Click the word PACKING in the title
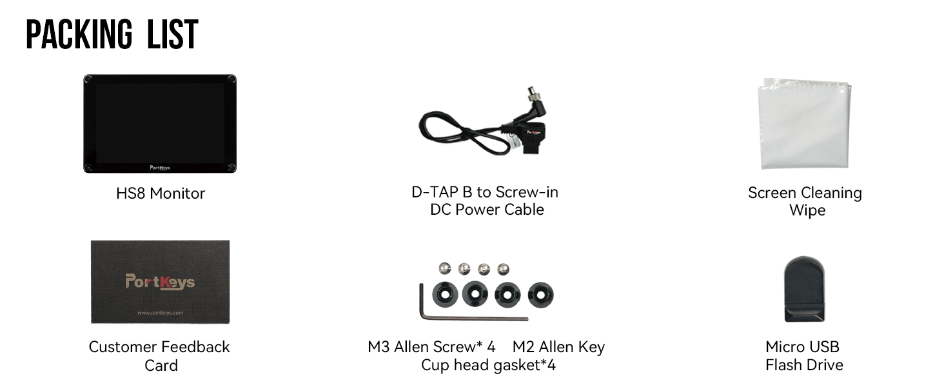[x=79, y=34]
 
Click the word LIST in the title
[x=173, y=34]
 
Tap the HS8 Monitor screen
[x=160, y=123]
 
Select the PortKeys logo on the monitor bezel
[x=160, y=168]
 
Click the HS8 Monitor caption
[x=161, y=193]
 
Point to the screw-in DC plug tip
[x=530, y=92]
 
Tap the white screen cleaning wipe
[x=804, y=124]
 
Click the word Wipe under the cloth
[x=807, y=210]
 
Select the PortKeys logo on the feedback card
[x=160, y=282]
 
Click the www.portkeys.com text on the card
[x=160, y=313]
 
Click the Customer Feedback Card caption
[x=159, y=356]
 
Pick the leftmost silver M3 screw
[x=445, y=268]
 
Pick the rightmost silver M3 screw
[x=503, y=269]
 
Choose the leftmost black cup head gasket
[x=445, y=294]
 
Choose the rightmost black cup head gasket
[x=541, y=295]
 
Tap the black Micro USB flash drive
[x=805, y=289]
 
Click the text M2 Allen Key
[x=559, y=348]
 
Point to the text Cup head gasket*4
[x=488, y=366]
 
